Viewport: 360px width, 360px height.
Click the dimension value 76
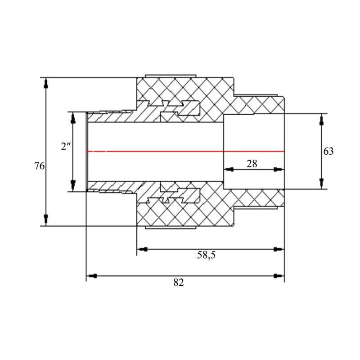(x=40, y=166)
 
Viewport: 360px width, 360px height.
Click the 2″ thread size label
(x=66, y=147)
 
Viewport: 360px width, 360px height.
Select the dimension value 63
(x=328, y=151)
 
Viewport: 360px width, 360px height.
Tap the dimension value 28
(x=252, y=164)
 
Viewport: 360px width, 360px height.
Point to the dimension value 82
(x=179, y=282)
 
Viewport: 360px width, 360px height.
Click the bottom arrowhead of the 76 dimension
(x=45, y=220)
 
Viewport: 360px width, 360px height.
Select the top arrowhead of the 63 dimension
(x=321, y=119)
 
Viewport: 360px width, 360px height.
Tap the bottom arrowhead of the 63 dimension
(x=321, y=183)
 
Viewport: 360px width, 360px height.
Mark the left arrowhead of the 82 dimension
(x=91, y=275)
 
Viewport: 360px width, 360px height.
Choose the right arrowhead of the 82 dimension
(x=279, y=275)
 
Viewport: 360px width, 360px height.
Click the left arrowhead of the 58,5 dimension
(x=142, y=248)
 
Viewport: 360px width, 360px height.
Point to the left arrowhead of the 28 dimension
(x=229, y=170)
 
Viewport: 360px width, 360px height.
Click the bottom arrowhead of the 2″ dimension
(x=73, y=185)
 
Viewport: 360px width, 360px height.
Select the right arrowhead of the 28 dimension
(x=279, y=170)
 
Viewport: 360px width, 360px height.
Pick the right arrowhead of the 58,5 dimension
(x=279, y=248)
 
